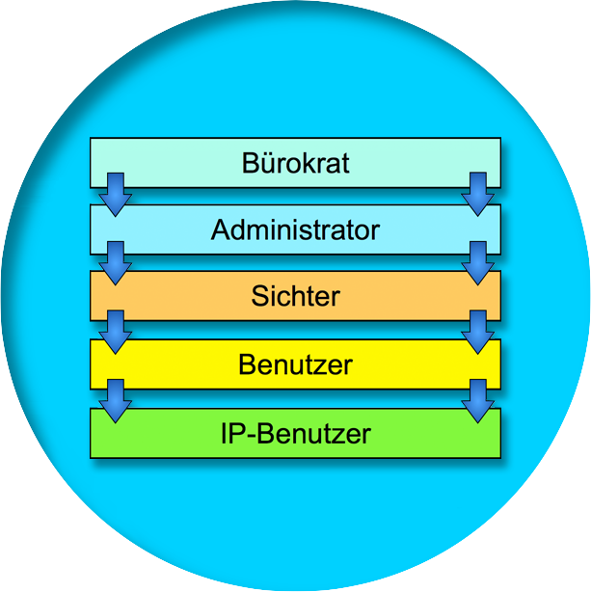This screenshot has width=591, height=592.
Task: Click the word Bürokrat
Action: (x=295, y=163)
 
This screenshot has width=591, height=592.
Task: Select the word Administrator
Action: (x=295, y=230)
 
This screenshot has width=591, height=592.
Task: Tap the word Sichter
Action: (x=295, y=296)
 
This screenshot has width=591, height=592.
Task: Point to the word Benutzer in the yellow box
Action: (x=295, y=364)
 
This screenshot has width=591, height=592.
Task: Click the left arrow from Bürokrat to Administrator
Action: (x=115, y=194)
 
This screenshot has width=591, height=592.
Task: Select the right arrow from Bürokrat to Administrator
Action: (x=476, y=194)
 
